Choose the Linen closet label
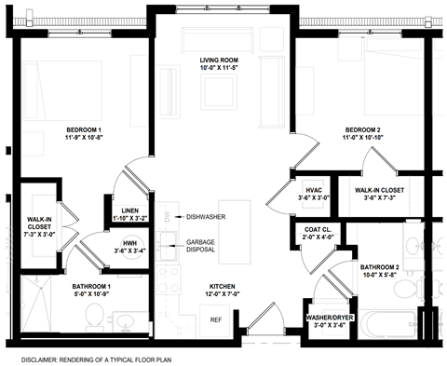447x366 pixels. coord(123,210)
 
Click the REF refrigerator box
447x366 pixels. coord(215,319)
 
